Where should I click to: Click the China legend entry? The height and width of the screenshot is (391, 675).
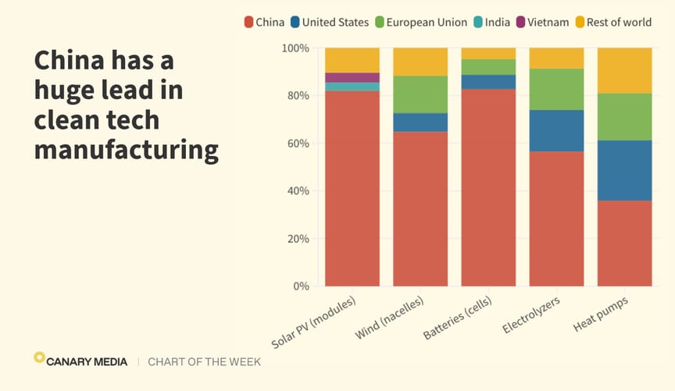[264, 22]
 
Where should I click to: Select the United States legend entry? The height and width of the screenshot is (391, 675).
[328, 22]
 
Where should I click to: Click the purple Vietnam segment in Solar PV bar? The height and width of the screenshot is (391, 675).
[352, 77]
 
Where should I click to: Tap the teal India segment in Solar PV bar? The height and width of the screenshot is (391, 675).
[352, 87]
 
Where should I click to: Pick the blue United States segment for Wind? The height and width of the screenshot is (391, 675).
[420, 123]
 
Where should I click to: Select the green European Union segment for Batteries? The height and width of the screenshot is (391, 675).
[488, 67]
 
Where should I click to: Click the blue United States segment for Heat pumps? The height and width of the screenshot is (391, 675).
[625, 170]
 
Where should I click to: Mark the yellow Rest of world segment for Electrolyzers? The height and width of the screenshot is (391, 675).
[556, 58]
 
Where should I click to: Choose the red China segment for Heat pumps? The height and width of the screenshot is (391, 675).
[625, 243]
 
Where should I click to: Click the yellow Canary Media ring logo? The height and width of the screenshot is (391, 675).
[39, 357]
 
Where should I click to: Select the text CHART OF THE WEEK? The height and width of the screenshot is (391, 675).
[204, 362]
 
